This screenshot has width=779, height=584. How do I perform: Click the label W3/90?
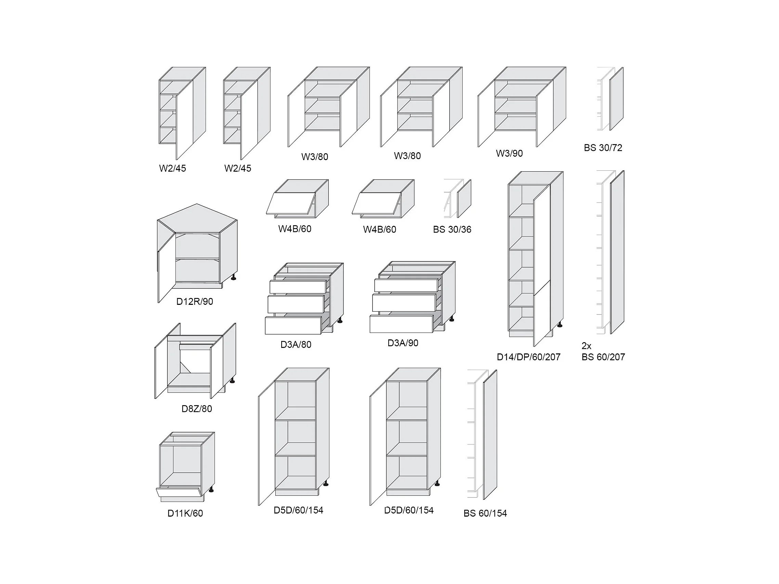pos(509,153)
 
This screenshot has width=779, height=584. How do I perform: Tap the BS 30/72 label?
pos(602,147)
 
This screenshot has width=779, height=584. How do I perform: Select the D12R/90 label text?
pos(194,301)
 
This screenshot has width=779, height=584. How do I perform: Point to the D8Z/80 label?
pos(196,408)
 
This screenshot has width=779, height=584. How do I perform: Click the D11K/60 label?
pos(185,513)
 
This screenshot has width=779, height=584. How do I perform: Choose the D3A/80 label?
pos(296,345)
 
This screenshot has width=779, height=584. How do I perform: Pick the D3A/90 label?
pos(403,343)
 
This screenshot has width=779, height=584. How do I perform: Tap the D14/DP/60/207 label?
pos(528,357)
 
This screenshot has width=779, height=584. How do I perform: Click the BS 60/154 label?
pos(485,513)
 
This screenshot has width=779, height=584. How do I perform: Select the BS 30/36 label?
pos(452,229)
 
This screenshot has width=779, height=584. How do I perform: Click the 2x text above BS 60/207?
pos(586,346)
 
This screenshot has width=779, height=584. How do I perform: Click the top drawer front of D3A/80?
pos(298,287)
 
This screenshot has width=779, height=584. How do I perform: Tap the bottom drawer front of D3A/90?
pos(401,324)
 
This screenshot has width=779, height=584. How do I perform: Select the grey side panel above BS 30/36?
pos(464,199)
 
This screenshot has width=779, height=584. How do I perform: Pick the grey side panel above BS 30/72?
pos(616,99)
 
